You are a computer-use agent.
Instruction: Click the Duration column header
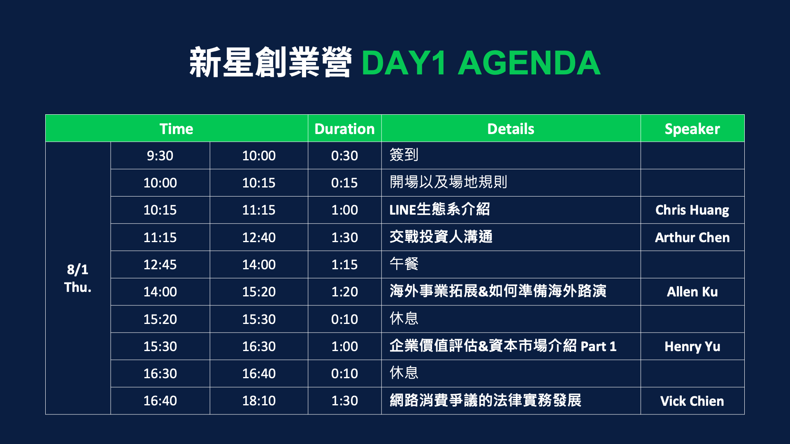[344, 129]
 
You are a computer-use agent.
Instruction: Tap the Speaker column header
[692, 129]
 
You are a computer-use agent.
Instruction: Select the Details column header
[511, 129]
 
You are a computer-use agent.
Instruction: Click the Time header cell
[176, 129]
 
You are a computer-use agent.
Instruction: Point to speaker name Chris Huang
[692, 210]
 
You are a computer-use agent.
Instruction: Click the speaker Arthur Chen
[692, 237]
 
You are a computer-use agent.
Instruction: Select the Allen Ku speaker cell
[692, 292]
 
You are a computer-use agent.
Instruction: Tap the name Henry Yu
[692, 347]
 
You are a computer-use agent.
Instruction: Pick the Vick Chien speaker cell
[692, 401]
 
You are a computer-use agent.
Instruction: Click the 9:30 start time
[160, 156]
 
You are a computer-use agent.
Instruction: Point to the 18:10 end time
[259, 401]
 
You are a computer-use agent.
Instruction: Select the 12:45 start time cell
[160, 265]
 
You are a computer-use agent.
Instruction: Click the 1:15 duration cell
[344, 265]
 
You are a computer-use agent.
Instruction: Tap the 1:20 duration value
[344, 292]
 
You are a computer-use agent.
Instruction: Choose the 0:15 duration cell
[344, 183]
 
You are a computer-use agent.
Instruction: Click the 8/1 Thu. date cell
[78, 278]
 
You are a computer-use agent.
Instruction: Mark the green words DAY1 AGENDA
[481, 63]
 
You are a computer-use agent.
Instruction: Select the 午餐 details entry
[404, 264]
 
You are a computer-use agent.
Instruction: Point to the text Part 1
[598, 347]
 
